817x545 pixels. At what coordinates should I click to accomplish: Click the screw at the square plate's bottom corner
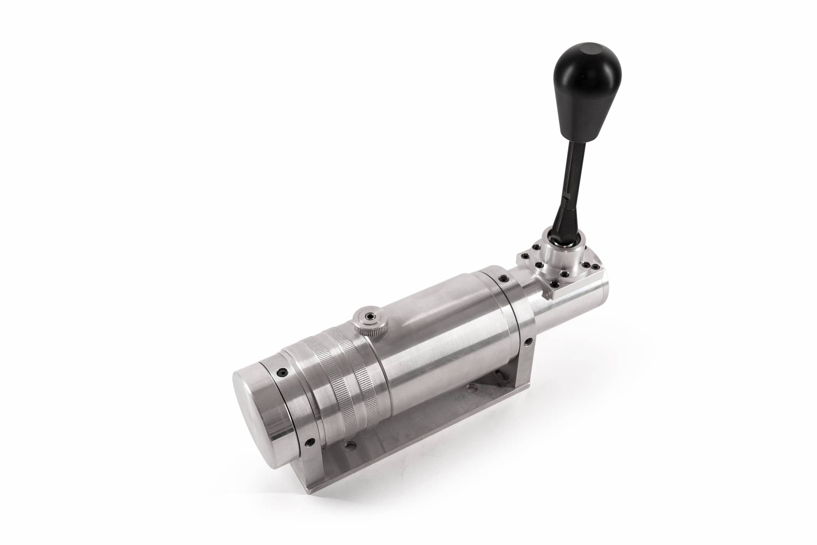pyautogui.click(x=554, y=284)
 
